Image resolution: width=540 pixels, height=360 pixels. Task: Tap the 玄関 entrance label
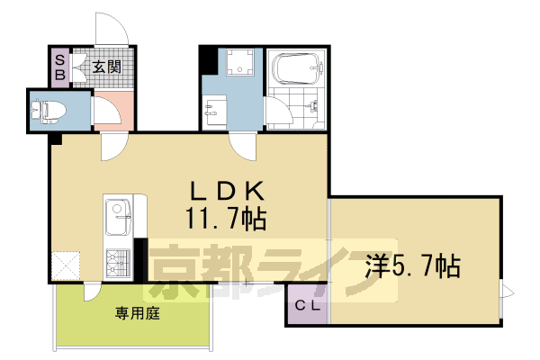pos(105,66)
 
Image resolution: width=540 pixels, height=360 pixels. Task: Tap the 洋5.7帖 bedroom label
pos(413,265)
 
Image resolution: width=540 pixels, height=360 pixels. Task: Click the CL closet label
pos(308,304)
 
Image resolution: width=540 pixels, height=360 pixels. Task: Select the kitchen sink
pos(118,215)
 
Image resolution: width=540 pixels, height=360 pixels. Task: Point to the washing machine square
pos(239,61)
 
